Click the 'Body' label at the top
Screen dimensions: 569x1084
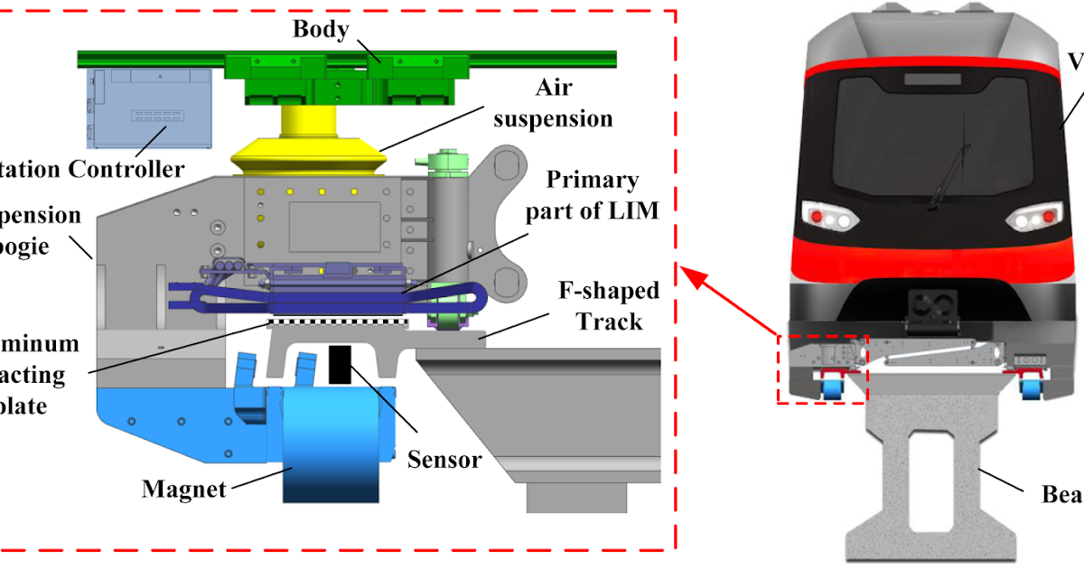click(321, 28)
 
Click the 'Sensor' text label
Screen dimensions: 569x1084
click(444, 459)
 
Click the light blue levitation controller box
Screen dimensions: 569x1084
click(149, 107)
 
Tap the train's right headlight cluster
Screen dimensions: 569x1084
click(1033, 218)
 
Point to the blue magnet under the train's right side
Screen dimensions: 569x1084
click(1029, 388)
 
